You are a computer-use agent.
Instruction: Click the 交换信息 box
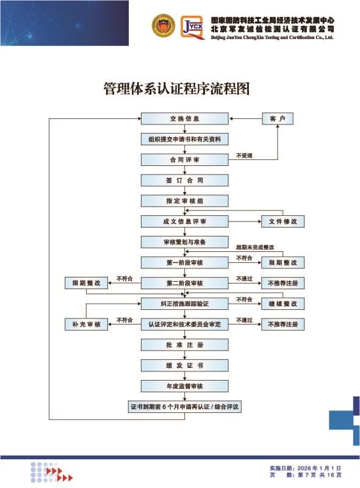coord(185,118)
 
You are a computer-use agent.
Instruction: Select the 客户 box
coord(278,118)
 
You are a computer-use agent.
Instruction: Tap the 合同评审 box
coord(185,160)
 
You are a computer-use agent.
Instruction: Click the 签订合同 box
coord(185,180)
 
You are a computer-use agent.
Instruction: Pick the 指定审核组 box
coord(185,201)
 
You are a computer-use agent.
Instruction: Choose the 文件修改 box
coord(283,221)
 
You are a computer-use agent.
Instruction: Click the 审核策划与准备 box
coord(185,242)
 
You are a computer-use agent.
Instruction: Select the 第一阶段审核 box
coord(185,262)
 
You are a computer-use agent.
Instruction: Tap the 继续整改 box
coord(283,303)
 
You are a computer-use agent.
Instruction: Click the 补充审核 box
coord(86,324)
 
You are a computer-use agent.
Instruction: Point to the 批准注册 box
coord(185,345)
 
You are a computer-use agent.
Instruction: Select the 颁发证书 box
coord(185,365)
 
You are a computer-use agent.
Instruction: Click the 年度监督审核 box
coord(185,386)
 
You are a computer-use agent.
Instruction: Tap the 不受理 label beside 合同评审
coord(244,156)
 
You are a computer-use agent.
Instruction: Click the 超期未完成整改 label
coord(255,247)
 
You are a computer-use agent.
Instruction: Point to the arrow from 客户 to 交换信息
coord(245,118)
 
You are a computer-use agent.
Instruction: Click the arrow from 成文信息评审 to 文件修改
coord(245,221)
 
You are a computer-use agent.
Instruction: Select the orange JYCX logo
coord(193,27)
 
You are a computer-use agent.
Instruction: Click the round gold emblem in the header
coord(163,26)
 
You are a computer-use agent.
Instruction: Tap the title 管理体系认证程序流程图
coord(176,88)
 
